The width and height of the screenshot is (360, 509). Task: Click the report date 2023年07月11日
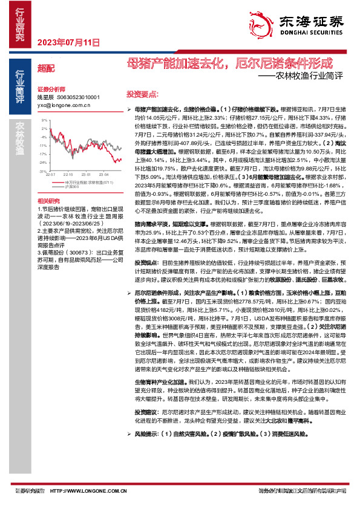point(68,42)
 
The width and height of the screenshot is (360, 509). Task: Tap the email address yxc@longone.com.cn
point(64,104)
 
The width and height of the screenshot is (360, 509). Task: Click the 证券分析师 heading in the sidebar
point(50,88)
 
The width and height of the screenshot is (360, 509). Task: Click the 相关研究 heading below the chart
point(48,200)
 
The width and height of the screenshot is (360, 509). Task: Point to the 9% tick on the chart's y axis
point(45,120)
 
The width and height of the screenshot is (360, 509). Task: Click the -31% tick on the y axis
point(44,171)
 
